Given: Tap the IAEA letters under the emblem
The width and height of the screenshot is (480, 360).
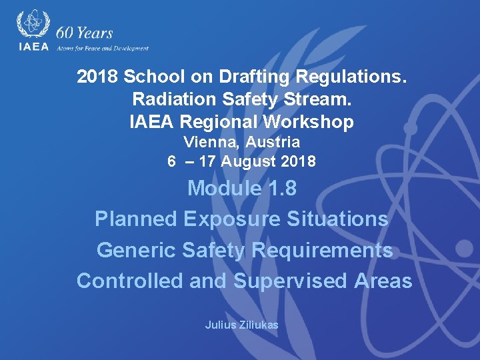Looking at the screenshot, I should tap(33, 47).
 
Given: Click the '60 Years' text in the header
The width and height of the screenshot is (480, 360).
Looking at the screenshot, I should tap(85, 33).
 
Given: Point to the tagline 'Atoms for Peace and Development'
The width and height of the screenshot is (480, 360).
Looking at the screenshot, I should tap(103, 48).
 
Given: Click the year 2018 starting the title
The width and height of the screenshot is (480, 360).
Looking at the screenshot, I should tap(97, 77).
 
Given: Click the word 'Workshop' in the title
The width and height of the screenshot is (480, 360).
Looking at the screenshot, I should tap(309, 122).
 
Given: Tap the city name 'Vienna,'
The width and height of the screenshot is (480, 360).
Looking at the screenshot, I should tap(213, 142).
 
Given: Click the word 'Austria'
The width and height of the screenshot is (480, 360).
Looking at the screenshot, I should tap(273, 142).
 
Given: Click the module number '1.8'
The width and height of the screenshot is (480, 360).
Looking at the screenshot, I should tap(281, 189).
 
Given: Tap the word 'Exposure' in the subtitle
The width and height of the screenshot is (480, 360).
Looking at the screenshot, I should tap(227, 219).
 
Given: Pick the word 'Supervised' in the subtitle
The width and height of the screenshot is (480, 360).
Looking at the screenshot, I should tap(290, 281).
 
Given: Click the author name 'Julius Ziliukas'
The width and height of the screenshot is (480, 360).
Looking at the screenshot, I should tap(241, 325).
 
